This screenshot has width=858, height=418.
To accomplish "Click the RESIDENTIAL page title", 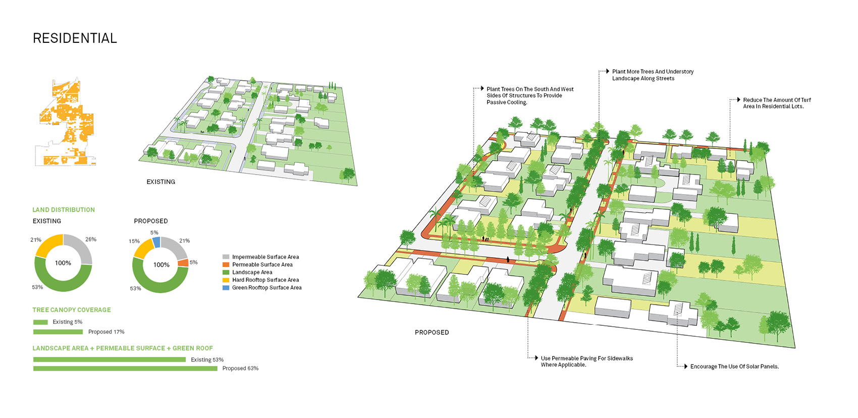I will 75,38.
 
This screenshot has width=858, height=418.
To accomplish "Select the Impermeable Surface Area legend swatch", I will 226,257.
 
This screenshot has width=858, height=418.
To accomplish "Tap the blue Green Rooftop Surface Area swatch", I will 226,288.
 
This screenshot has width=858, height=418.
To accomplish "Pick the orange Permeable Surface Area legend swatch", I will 226,265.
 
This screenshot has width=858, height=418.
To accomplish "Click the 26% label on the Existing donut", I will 91,240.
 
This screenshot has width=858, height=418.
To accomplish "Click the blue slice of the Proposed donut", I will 156,242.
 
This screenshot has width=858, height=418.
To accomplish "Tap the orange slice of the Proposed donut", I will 183,263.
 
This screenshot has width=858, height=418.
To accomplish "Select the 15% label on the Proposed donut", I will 134,242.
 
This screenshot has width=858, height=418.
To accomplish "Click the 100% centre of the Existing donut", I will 63,263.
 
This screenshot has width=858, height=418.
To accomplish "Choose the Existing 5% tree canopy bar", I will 40,322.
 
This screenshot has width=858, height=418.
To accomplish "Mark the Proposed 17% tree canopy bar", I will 58,332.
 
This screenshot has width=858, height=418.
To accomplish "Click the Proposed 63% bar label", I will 240,369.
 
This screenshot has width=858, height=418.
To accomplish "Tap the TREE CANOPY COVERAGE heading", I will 72,310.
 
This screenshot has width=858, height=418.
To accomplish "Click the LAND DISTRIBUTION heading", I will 64,210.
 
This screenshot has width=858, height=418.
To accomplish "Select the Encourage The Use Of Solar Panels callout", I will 734,367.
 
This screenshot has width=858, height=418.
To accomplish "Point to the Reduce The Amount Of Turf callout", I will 777,103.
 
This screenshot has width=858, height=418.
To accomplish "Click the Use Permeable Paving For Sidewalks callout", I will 586,362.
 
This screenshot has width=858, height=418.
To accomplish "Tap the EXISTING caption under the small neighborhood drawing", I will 161,182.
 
